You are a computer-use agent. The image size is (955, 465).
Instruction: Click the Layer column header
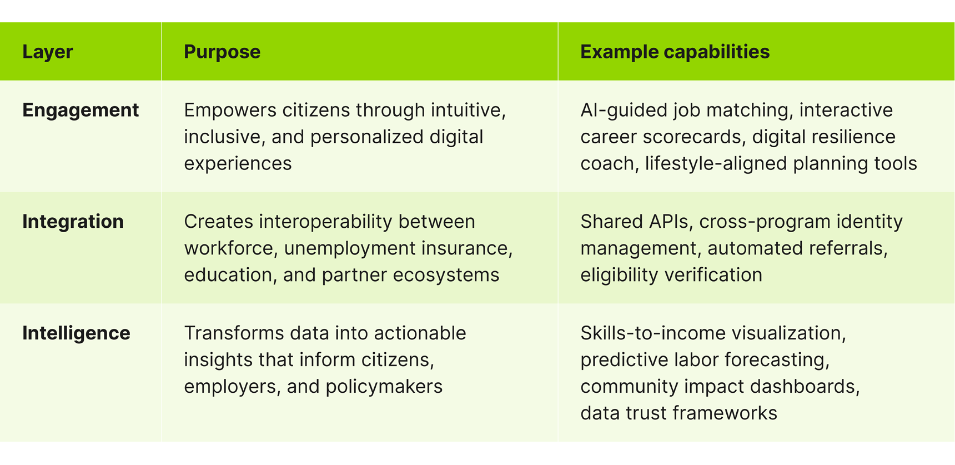point(48,52)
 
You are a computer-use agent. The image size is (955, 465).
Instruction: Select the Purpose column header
point(222,52)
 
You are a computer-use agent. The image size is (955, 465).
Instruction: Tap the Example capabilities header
point(675,52)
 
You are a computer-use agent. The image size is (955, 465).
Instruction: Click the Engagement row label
point(81,111)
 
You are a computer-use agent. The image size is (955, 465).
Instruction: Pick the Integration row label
point(73,222)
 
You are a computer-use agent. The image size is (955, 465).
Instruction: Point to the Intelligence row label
point(76,333)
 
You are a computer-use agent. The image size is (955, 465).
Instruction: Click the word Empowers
point(230,110)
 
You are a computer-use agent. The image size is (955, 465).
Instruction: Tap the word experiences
point(238,164)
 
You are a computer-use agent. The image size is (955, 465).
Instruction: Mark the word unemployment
point(350,248)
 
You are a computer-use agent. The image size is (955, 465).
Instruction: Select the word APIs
point(668,222)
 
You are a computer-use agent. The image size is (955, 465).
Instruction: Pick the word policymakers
point(384,386)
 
